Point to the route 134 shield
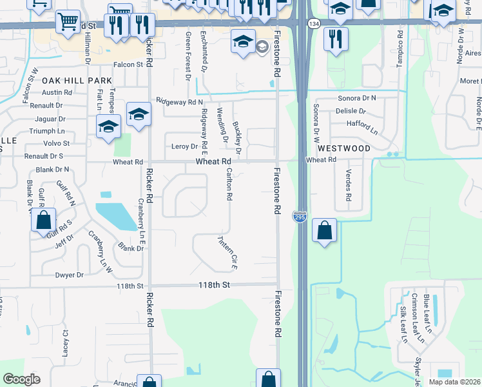click(x=313, y=23)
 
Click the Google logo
click(x=21, y=379)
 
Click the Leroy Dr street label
click(x=184, y=146)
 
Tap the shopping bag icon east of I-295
click(x=325, y=230)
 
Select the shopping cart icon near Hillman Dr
click(x=67, y=23)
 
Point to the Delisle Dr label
click(x=351, y=111)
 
